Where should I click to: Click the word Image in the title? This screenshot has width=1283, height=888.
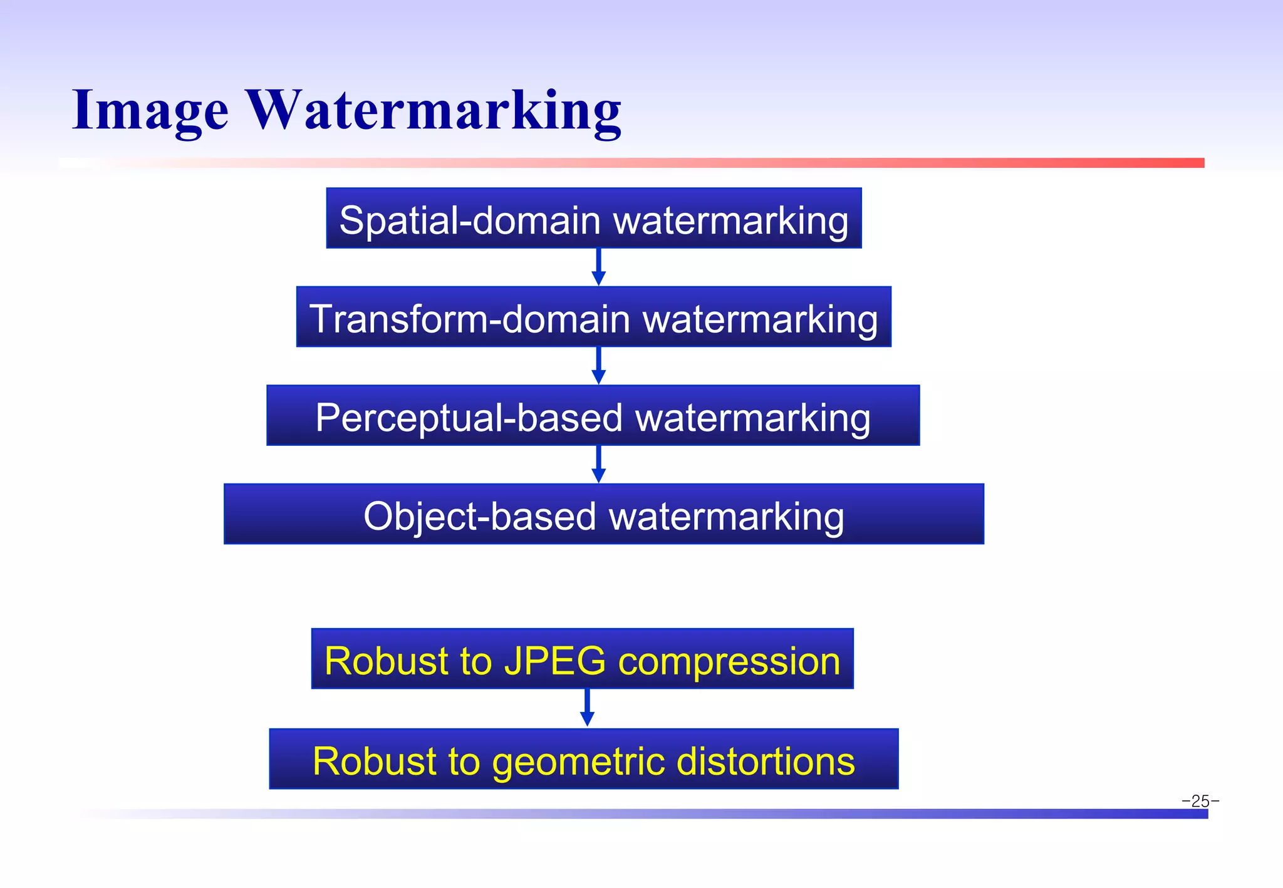coord(150,111)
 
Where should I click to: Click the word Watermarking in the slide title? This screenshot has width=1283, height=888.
coord(434,111)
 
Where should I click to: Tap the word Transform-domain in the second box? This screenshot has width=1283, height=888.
coord(470,319)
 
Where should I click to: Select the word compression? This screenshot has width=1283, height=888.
coord(729,661)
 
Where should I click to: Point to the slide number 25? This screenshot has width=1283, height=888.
coord(1200,801)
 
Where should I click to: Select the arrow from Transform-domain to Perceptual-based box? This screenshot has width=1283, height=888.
coord(598,366)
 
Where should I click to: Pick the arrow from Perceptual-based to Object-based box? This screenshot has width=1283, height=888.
coord(598,465)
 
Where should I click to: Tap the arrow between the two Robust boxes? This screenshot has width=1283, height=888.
coord(587,708)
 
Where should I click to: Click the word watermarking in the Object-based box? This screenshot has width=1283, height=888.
coord(727,517)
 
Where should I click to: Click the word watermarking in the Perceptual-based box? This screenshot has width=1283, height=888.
coord(753,418)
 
